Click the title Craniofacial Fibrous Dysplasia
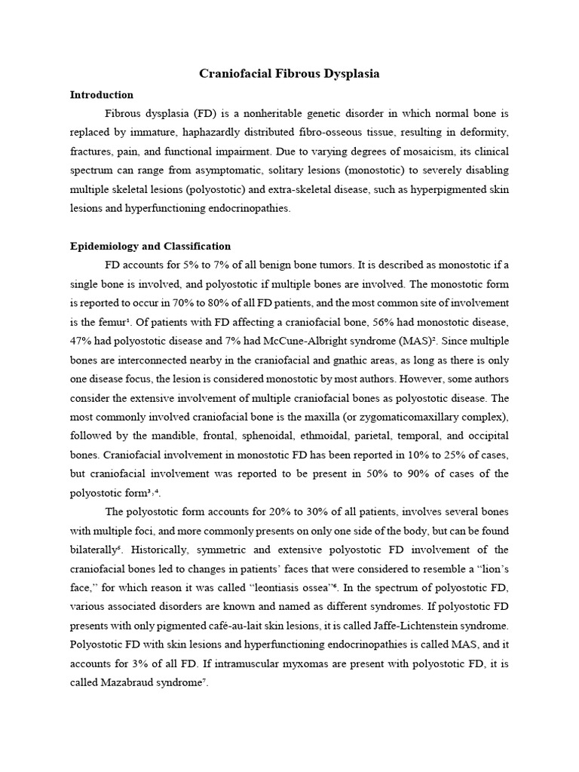(289, 74)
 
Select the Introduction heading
(101, 95)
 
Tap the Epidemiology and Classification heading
(150, 247)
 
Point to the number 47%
(81, 341)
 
